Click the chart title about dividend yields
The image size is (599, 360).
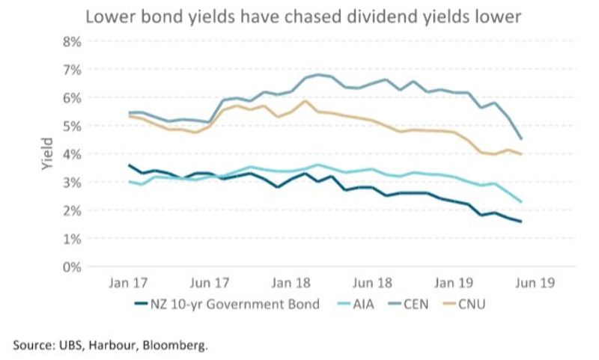[299, 16]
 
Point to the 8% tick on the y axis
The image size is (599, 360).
[70, 42]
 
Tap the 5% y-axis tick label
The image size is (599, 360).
[70, 126]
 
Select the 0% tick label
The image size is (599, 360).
[70, 266]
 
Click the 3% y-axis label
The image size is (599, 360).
[70, 182]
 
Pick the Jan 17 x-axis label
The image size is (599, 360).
[128, 284]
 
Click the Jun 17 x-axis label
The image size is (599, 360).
[210, 284]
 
